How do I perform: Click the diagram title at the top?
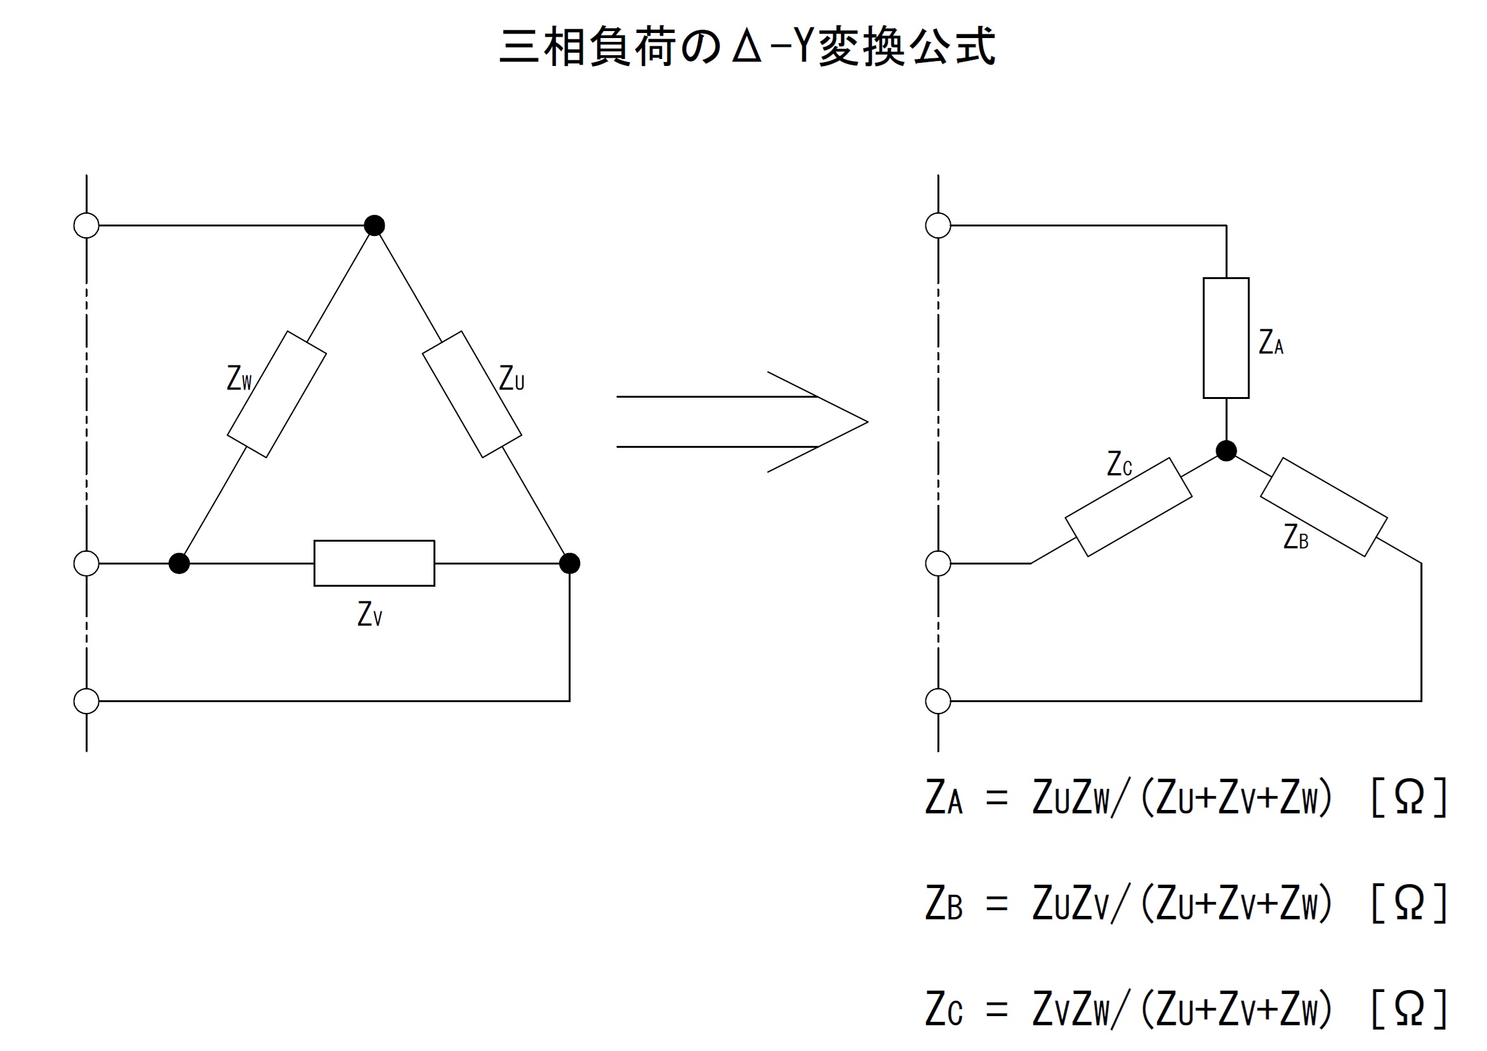(x=747, y=46)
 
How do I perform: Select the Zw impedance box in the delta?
(x=277, y=394)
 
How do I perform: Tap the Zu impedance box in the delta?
(x=472, y=394)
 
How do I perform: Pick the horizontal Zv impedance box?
(x=374, y=563)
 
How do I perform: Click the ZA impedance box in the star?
(x=1226, y=338)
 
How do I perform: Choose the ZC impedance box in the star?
(x=1128, y=507)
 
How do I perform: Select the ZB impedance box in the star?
(x=1323, y=507)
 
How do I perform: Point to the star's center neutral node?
(x=1226, y=450)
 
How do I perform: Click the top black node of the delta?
(x=374, y=225)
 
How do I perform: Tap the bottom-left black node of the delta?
(x=179, y=563)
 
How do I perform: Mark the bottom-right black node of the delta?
(x=569, y=563)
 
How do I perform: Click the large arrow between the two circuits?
(x=741, y=421)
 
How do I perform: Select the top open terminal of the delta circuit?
(x=86, y=225)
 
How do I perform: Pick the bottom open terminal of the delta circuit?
(x=86, y=701)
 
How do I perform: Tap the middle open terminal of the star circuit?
(x=938, y=563)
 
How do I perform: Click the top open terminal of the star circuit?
(x=938, y=225)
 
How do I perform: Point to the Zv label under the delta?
(x=370, y=613)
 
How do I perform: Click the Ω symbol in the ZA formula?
(x=1410, y=797)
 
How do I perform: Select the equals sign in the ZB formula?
(x=997, y=904)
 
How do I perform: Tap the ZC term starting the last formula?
(x=944, y=1009)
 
